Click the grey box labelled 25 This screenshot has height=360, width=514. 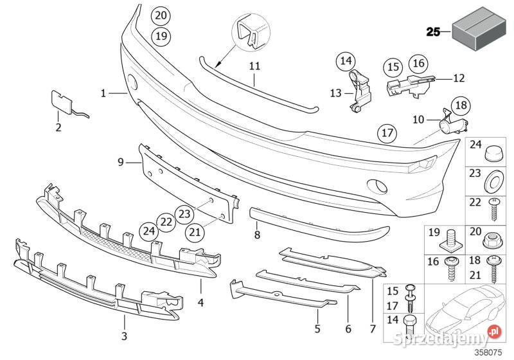click(478, 28)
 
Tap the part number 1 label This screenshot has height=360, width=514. click(103, 93)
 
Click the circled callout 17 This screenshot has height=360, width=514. click(387, 133)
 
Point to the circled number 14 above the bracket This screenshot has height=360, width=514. click(346, 60)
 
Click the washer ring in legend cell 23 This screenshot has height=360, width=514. click(493, 181)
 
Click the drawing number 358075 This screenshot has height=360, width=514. click(489, 352)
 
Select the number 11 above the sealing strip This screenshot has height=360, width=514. click(254, 66)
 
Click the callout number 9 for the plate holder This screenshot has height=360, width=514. click(121, 162)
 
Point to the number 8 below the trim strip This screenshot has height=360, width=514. click(257, 235)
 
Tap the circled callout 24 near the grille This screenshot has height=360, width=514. click(148, 231)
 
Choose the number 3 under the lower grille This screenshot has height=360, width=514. click(124, 336)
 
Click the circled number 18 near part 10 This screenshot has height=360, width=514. click(461, 105)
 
